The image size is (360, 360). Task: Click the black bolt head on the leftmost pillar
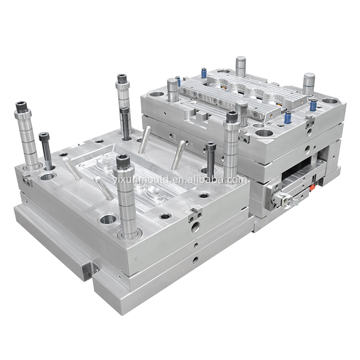pyautogui.click(x=21, y=107)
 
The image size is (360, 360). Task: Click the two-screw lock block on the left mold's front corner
pyautogui.click(x=195, y=215)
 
